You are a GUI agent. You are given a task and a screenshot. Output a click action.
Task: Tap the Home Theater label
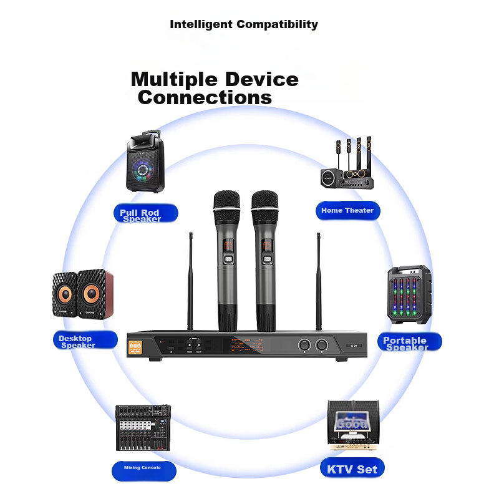pyautogui.click(x=347, y=211)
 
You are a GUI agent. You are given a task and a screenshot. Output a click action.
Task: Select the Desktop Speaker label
pyautogui.click(x=85, y=341)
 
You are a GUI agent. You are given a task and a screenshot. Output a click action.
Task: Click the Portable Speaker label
pyautogui.click(x=409, y=342)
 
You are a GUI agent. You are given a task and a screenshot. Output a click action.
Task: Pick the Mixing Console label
pyautogui.click(x=143, y=468)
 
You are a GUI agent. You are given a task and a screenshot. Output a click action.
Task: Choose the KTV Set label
pyautogui.click(x=352, y=469)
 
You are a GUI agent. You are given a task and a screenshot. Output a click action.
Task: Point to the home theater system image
pyautogui.click(x=347, y=165)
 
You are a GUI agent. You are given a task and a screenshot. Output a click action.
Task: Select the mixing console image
pyautogui.click(x=143, y=428)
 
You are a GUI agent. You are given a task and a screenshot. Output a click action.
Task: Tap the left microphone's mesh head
pyautogui.click(x=226, y=203)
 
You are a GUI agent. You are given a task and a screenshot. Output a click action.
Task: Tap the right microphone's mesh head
pyautogui.click(x=264, y=203)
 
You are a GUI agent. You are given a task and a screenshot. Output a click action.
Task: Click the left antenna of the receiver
pyautogui.click(x=190, y=281)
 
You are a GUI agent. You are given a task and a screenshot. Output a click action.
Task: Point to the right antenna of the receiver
pyautogui.click(x=318, y=281)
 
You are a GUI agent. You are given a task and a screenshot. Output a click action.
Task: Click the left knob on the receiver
pyautogui.click(x=306, y=345)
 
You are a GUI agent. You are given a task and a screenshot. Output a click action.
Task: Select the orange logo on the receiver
pyautogui.click(x=137, y=347)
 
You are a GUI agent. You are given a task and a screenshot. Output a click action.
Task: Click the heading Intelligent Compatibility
pyautogui.click(x=244, y=25)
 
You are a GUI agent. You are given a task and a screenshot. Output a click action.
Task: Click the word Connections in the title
pyautogui.click(x=205, y=98)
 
